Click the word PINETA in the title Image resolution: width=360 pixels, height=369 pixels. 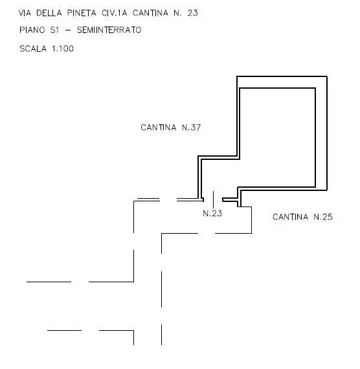point(82,13)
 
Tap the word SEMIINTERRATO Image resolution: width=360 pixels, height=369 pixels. point(109,30)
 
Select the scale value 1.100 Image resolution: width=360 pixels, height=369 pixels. point(63,49)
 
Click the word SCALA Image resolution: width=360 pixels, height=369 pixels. point(33,49)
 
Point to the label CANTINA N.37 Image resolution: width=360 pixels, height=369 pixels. point(171,128)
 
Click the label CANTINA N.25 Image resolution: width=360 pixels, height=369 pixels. point(302,217)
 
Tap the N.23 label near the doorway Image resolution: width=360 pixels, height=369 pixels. point(212,214)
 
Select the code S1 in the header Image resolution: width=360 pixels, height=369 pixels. point(54,30)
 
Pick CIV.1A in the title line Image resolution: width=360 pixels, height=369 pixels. point(115,13)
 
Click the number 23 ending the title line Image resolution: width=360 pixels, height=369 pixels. point(192,13)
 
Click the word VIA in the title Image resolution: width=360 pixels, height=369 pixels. point(25,13)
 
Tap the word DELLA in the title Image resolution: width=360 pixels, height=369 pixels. point(49,13)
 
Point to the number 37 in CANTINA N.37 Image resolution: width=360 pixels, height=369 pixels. point(196,128)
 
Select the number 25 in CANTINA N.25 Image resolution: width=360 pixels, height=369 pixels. point(328,217)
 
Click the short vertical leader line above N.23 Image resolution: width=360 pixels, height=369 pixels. point(213,199)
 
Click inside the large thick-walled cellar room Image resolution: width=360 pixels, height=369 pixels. point(277,138)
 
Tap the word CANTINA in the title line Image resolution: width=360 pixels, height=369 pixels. point(151,13)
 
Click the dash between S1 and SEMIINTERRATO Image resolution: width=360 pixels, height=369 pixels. point(68,30)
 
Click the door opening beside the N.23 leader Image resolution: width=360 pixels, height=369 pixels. point(213,200)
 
